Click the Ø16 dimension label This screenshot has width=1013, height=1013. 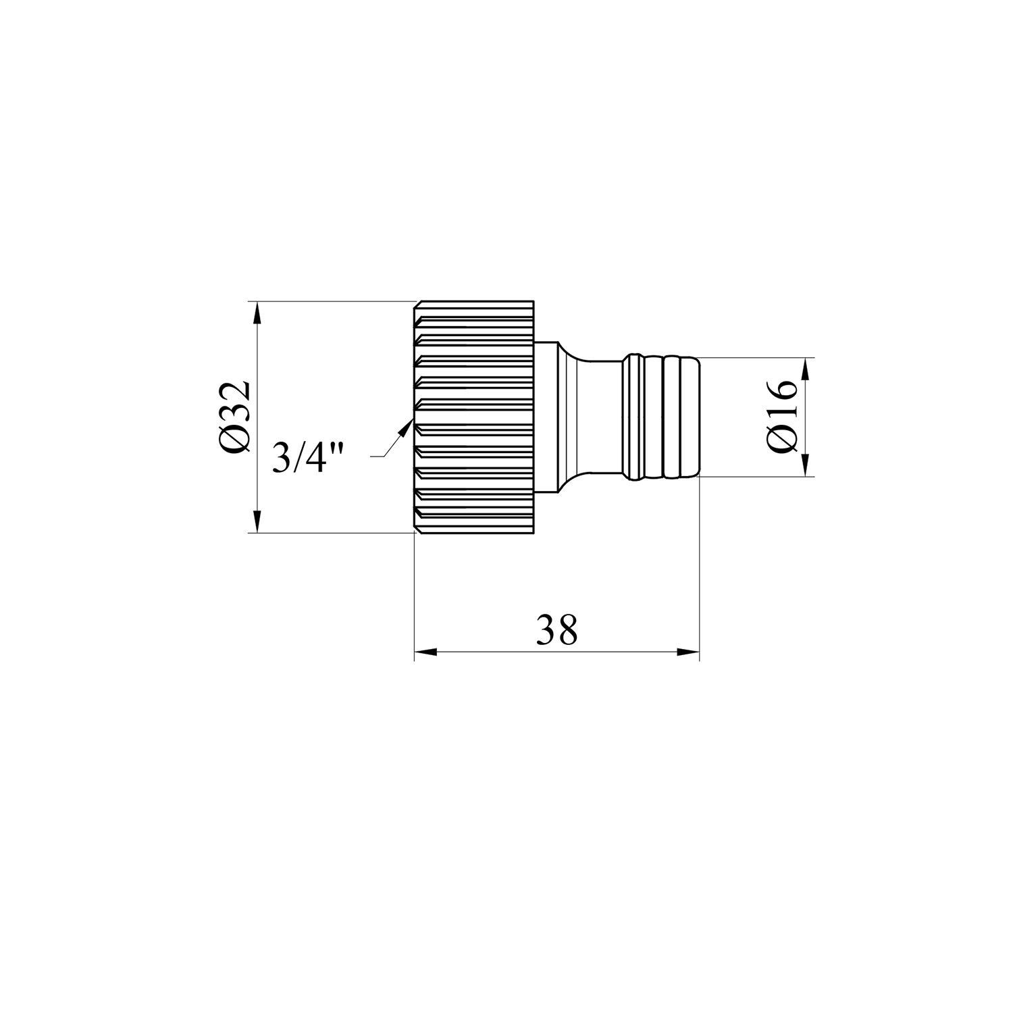click(x=783, y=417)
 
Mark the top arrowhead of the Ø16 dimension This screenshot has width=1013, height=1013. click(x=805, y=368)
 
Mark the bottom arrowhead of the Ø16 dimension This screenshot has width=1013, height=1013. click(x=805, y=466)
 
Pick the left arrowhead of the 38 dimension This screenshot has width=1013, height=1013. click(x=424, y=652)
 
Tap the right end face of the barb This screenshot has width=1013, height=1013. click(x=699, y=417)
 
